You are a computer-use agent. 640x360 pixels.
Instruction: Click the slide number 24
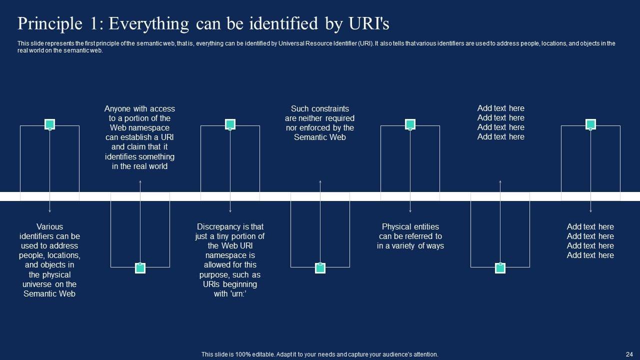(x=629, y=354)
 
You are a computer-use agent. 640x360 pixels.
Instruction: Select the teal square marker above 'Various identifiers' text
(x=49, y=124)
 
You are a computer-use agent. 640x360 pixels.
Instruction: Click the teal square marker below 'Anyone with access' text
(x=140, y=268)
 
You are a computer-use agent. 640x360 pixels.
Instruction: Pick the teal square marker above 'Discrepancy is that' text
(x=230, y=124)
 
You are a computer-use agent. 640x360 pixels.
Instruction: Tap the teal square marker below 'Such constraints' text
(x=320, y=268)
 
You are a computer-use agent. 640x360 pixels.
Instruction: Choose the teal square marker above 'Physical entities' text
(x=410, y=124)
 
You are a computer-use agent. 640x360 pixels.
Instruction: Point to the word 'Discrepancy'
(x=218, y=226)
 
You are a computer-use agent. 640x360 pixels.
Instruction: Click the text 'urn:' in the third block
(x=237, y=293)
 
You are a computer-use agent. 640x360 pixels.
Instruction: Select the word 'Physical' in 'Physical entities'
(x=396, y=226)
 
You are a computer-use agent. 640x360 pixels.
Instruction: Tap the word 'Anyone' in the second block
(x=117, y=108)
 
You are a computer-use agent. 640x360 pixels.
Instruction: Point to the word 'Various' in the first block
(x=49, y=226)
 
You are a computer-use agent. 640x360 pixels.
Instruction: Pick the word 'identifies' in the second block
(x=122, y=156)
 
